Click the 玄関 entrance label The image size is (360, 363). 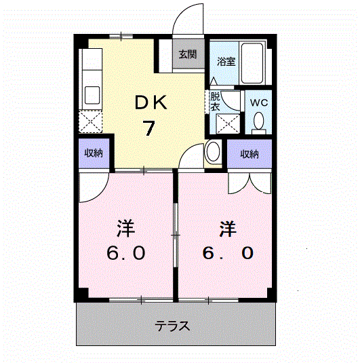188,55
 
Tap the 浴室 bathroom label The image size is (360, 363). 226,61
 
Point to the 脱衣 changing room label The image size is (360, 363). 215,101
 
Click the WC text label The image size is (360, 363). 259,102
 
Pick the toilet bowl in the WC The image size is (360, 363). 259,121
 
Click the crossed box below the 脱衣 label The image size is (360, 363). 225,124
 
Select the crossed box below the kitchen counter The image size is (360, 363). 91,121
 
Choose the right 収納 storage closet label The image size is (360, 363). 249,154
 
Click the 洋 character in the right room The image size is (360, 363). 227,228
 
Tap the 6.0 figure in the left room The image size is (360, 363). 125,253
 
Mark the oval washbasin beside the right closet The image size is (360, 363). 212,151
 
